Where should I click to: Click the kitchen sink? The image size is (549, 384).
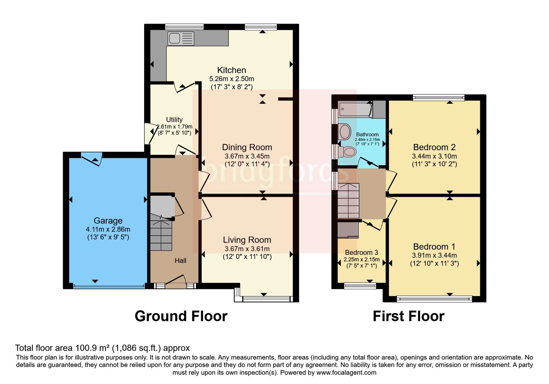point(181,38)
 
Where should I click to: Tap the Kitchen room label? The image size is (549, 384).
point(232,70)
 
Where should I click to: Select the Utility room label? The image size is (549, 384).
point(174,120)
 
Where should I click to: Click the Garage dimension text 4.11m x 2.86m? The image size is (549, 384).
point(108,229)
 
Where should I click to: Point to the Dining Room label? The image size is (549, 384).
point(247,147)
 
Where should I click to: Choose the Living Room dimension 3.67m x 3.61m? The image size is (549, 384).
point(247,249)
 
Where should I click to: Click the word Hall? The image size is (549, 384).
point(180,261)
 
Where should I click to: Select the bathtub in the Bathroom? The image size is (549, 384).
point(355,109)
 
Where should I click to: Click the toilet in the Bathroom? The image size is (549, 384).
point(347,152)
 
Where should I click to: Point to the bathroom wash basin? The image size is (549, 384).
point(345,132)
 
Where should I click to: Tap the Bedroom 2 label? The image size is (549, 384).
point(434,147)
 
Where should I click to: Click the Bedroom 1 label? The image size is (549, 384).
point(434,247)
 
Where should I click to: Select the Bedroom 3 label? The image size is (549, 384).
point(362,252)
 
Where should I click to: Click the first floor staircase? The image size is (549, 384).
point(348,201)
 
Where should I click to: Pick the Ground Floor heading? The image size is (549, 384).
point(181,316)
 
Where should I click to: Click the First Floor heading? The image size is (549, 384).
point(409,316)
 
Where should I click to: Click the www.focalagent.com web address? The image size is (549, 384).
point(346,373)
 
